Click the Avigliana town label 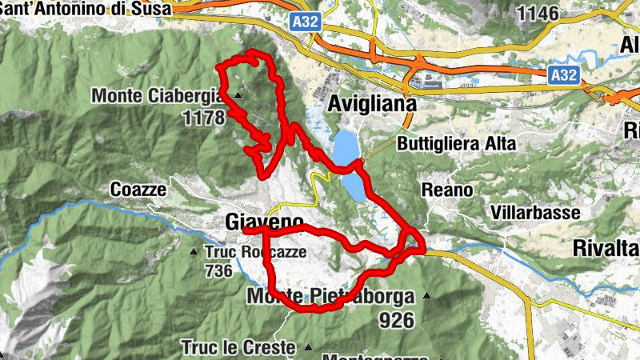pyautogui.click(x=373, y=104)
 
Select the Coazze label pyautogui.click(x=138, y=190)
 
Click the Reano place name pyautogui.click(x=447, y=190)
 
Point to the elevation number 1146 pyautogui.click(x=538, y=13)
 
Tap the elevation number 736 pyautogui.click(x=218, y=271)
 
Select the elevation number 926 pyautogui.click(x=397, y=321)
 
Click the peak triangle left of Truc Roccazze pyautogui.click(x=193, y=253)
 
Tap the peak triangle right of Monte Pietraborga pyautogui.click(x=426, y=297)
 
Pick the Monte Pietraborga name pyautogui.click(x=331, y=297)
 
